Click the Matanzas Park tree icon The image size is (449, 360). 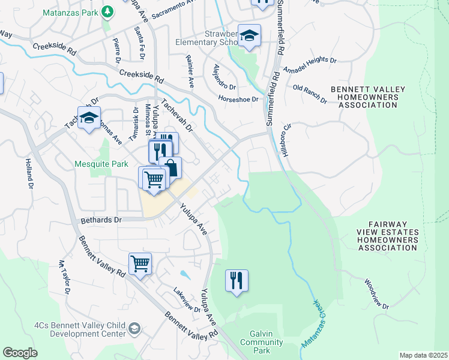coord(107,11)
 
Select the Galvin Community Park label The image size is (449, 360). coord(261,343)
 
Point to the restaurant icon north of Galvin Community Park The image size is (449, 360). coord(237,280)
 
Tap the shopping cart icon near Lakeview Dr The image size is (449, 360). coord(140,263)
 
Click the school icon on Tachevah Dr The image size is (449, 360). coord(89,118)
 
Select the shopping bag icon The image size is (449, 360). coord(170,168)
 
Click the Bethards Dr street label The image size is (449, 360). coord(100,220)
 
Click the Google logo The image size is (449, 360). coord(20,352)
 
